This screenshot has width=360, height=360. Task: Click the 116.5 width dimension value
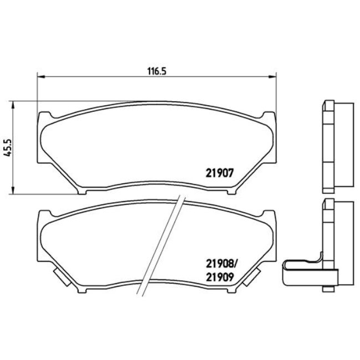pos(157,71)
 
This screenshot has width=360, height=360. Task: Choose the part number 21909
pos(221,276)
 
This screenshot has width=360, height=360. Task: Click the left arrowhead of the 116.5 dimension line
pos(39,77)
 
